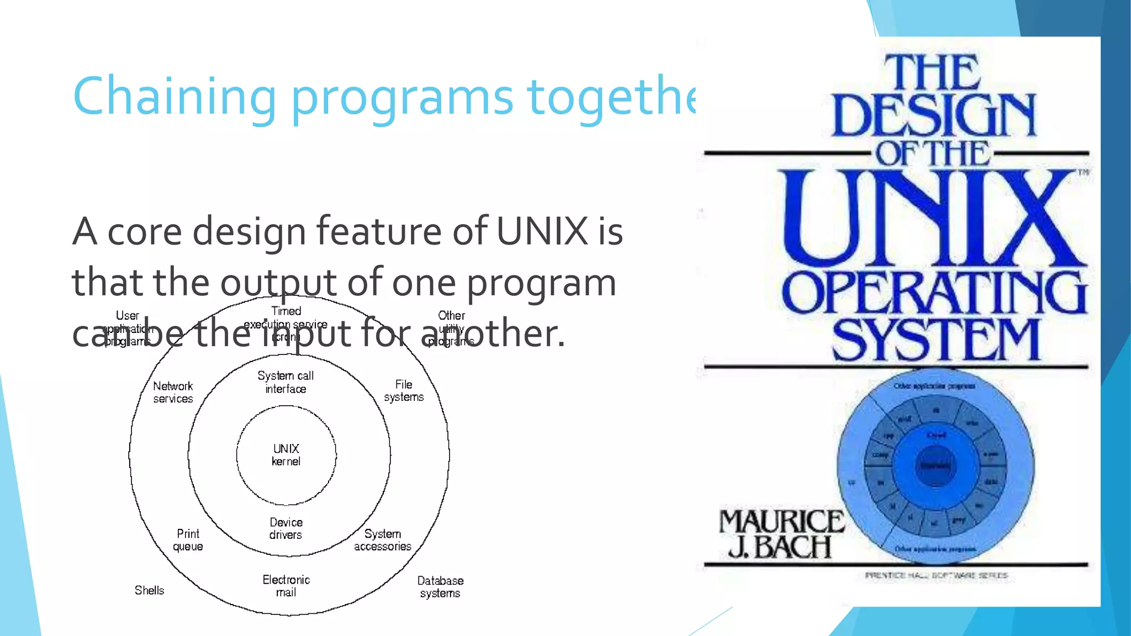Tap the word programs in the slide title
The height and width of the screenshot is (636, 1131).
[x=402, y=98]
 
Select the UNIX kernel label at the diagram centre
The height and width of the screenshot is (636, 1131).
[x=286, y=455]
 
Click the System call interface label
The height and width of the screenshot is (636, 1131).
[x=286, y=382]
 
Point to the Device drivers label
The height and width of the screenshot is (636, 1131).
[x=286, y=528]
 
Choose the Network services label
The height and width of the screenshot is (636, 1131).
[x=173, y=392]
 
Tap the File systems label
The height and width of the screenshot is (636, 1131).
[x=404, y=390]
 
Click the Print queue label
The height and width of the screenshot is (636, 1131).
[x=188, y=540]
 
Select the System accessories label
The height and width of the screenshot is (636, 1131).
[x=383, y=540]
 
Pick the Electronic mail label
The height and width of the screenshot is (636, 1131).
[x=286, y=586]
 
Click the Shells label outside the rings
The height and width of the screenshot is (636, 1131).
[x=149, y=590]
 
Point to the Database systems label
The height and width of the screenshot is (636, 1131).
[x=440, y=587]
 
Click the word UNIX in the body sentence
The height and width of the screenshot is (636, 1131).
[x=542, y=231]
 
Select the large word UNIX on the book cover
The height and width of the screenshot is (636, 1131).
[x=933, y=218]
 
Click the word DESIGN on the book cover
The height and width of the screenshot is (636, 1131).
[x=933, y=115]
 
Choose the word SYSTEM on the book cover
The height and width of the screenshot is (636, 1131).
[x=936, y=339]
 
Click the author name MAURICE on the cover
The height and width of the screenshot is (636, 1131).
[x=781, y=521]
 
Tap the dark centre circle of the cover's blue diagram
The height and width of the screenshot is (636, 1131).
[x=935, y=466]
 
